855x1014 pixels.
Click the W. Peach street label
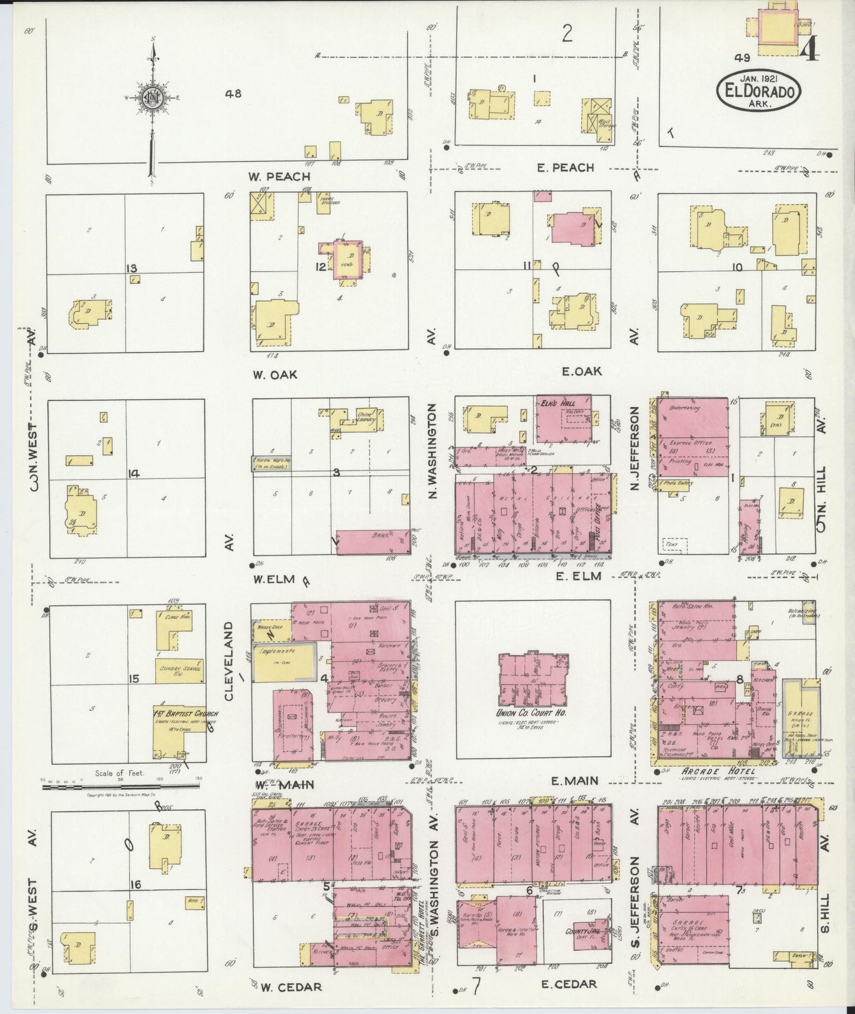click(x=280, y=176)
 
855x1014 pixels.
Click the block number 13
click(x=131, y=269)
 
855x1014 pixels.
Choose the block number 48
click(x=233, y=93)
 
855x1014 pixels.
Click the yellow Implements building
click(x=283, y=663)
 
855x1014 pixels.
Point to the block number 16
click(x=135, y=884)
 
